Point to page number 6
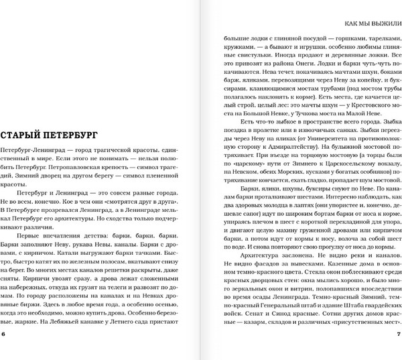(x=4, y=335)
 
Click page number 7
(x=398, y=335)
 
